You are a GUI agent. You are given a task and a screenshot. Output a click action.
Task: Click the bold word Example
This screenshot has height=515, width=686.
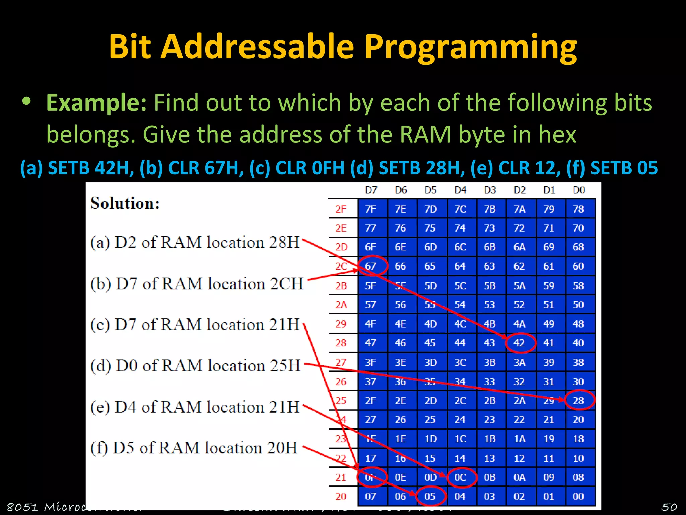[96, 102]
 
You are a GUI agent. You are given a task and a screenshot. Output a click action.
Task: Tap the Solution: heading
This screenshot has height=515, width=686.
[125, 203]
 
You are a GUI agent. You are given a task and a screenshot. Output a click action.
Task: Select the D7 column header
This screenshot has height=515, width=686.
[371, 190]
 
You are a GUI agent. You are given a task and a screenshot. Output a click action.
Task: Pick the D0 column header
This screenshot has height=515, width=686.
[578, 190]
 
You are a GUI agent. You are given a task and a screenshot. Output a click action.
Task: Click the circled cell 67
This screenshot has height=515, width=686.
[371, 266]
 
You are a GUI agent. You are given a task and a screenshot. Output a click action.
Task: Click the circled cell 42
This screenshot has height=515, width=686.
[519, 343]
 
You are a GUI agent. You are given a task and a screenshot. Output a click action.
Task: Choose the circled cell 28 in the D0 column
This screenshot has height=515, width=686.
[578, 400]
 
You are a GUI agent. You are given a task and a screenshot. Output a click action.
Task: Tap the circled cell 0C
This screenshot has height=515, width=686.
[460, 477]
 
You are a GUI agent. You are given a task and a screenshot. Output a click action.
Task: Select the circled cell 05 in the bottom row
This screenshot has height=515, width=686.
[430, 496]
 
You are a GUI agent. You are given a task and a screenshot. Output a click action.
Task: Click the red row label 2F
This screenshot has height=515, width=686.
[341, 209]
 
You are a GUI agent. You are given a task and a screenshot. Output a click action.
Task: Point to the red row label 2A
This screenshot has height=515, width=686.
[341, 305]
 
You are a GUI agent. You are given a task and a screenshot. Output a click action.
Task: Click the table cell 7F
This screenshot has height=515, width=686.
[371, 209]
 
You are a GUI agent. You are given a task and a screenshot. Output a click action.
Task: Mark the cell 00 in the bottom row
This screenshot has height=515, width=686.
[578, 496]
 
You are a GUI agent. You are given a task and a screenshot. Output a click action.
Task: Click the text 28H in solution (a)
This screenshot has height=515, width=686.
[284, 242]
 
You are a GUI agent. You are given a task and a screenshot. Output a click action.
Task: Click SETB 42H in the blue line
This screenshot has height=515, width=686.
[90, 168]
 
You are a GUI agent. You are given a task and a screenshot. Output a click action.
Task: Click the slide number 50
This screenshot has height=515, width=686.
[669, 507]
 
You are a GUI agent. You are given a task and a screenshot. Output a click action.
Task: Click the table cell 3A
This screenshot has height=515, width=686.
[519, 362]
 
